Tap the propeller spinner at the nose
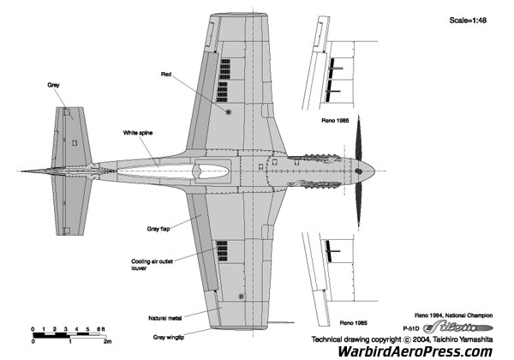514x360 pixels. tap(370, 165)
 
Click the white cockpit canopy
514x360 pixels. tap(171, 170)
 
